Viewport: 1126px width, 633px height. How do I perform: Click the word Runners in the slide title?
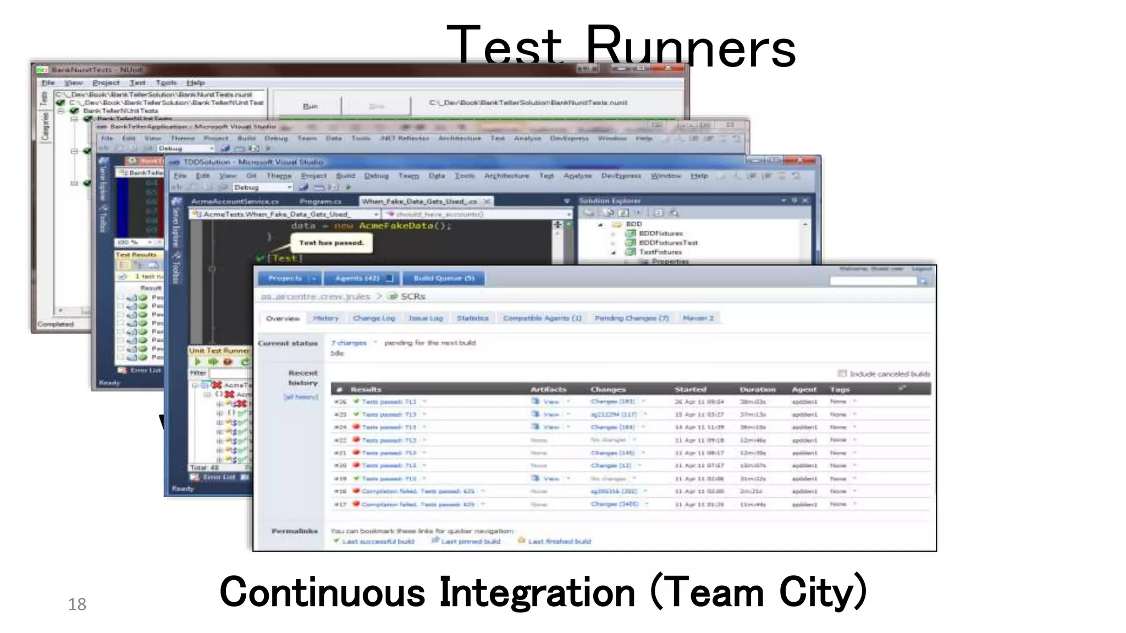pos(691,47)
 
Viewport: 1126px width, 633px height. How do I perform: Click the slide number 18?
pos(77,604)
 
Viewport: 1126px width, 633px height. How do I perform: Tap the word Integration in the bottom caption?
pos(537,592)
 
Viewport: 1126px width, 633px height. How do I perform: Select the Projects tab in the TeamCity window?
pos(285,279)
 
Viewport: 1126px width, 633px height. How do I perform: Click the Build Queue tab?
pos(443,279)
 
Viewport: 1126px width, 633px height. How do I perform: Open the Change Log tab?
pos(374,318)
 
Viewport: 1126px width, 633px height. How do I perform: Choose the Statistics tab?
pos(472,318)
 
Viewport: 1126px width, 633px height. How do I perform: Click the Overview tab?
pos(283,319)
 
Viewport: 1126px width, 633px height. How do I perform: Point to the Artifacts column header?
pos(548,389)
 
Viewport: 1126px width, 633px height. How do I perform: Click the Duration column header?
pos(757,389)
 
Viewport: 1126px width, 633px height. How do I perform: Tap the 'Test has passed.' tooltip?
pos(331,243)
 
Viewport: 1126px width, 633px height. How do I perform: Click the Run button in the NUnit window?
pos(310,106)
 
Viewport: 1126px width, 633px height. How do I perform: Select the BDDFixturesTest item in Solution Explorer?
pos(667,242)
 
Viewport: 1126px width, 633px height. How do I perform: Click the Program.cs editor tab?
pos(320,202)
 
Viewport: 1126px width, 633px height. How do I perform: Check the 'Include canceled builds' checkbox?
pos(842,374)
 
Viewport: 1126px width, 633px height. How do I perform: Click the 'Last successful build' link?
pos(378,541)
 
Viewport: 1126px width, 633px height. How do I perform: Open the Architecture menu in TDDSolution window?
pos(506,176)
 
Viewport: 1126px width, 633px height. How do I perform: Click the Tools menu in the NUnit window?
pos(166,82)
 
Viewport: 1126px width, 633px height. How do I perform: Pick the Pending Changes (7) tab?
pos(631,318)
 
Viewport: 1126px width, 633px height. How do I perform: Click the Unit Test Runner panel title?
pos(219,351)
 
